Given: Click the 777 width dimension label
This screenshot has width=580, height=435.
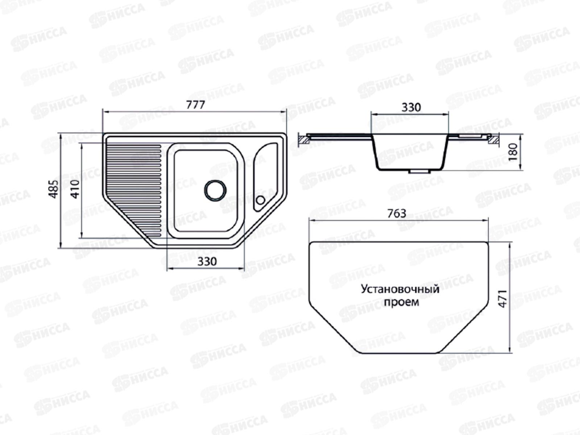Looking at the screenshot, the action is click(195, 105).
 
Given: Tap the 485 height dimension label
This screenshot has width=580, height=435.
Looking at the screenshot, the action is click(53, 189).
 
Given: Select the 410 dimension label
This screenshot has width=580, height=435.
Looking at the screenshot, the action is click(75, 189).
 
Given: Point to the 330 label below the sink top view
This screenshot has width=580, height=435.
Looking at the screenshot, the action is click(207, 261).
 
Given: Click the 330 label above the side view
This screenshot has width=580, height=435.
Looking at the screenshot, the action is click(411, 108).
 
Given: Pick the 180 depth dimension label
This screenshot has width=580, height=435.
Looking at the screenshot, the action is click(513, 152).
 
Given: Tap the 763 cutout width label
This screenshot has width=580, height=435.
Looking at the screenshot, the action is click(397, 214).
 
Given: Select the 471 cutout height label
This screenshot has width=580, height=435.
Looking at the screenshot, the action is click(503, 299).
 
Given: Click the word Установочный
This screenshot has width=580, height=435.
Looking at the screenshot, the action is click(400, 289).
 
